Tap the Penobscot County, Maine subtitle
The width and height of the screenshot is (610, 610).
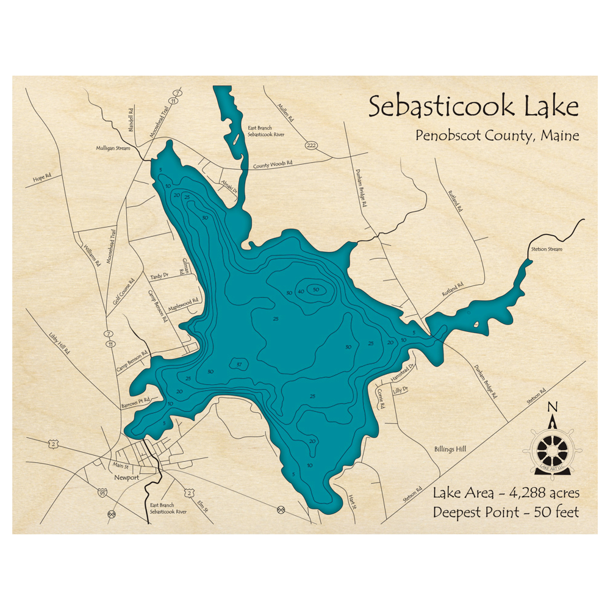click(497, 135)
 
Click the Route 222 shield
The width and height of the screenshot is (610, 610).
click(312, 145)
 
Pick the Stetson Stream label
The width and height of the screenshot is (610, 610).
click(546, 249)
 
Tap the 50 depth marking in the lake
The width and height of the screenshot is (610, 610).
click(315, 290)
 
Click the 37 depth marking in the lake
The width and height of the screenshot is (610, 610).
click(240, 365)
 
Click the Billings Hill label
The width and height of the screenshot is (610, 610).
click(450, 450)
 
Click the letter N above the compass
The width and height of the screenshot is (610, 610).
click(553, 407)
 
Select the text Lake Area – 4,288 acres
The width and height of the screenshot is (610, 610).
click(506, 492)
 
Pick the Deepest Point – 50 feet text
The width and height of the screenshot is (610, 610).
click(506, 512)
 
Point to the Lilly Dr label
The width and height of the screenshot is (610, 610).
click(401, 389)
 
